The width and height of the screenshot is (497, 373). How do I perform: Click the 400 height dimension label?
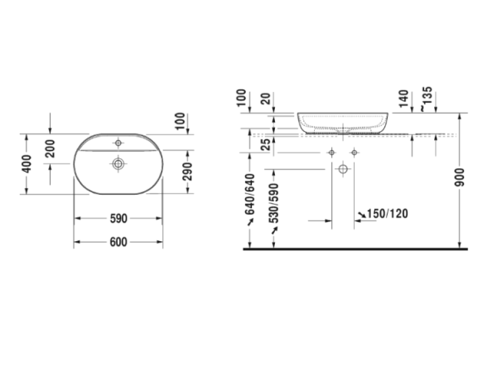27,162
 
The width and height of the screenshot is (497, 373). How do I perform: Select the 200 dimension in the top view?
51,150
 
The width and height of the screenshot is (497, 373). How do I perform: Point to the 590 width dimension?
118,219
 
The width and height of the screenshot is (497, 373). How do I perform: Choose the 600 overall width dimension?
118,241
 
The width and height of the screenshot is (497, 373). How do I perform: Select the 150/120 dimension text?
388,214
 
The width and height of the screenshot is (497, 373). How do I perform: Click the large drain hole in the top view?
119,164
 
